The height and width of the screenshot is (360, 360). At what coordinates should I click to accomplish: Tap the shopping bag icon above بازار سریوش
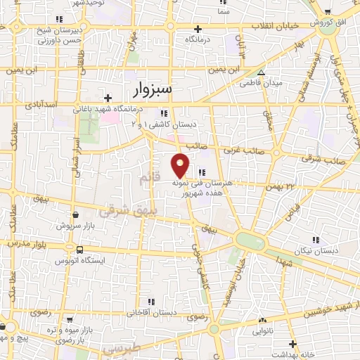click(x=75, y=216)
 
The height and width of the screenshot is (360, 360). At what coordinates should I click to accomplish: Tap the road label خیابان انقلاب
click(x=274, y=25)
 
